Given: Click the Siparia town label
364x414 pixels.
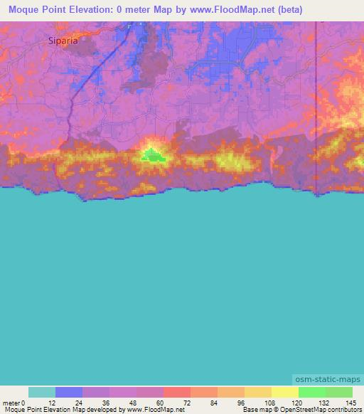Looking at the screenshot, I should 63,41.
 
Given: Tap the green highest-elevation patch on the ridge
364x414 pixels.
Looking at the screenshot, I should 151,155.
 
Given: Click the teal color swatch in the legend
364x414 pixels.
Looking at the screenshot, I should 42,392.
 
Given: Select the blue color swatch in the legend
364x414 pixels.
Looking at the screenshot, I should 69,392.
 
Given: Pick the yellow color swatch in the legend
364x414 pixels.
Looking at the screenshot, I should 285,392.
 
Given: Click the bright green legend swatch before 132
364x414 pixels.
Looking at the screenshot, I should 312,392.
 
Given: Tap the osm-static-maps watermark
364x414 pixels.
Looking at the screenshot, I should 327,380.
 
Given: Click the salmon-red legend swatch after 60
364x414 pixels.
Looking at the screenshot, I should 177,392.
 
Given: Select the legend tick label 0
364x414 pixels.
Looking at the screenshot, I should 23,402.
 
